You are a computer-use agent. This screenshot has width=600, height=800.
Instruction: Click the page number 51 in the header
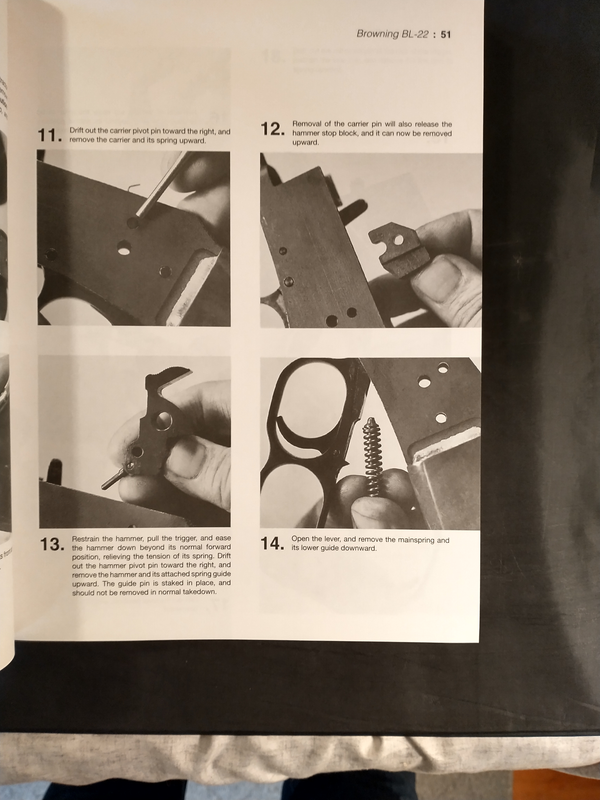point(445,35)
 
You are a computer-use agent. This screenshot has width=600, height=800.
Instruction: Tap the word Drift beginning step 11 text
point(77,131)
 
